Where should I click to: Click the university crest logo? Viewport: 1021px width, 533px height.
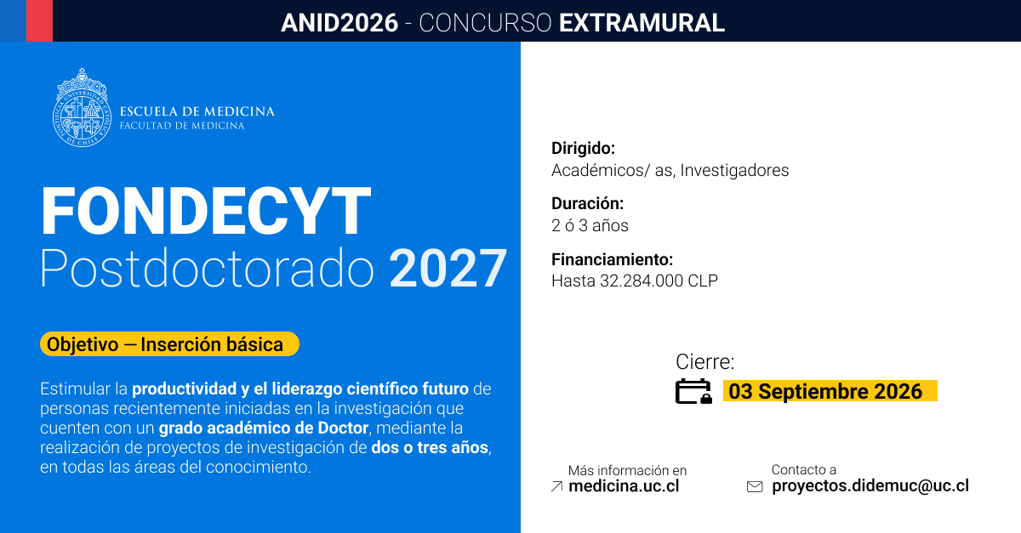click(x=82, y=108)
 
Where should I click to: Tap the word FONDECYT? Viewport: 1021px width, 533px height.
click(x=206, y=211)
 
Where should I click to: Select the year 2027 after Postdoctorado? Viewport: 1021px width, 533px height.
click(x=448, y=269)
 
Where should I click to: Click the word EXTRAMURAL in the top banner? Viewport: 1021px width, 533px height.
click(x=642, y=23)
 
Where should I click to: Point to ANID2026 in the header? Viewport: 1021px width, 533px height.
click(x=339, y=23)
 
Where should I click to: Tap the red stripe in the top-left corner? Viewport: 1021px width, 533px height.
click(x=40, y=20)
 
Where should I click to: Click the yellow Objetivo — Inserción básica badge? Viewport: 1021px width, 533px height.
click(x=169, y=344)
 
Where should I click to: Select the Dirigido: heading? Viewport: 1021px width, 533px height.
click(x=584, y=148)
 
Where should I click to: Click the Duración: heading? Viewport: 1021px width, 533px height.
click(x=588, y=203)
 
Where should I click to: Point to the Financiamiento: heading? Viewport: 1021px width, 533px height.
click(x=612, y=259)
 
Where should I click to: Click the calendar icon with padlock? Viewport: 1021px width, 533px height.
click(x=693, y=391)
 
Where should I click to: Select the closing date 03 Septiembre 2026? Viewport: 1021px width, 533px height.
click(x=825, y=391)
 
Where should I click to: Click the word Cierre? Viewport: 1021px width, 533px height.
click(x=705, y=362)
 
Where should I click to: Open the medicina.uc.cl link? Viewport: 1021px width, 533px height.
click(x=624, y=486)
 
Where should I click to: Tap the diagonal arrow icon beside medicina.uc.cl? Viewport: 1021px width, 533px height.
click(x=556, y=486)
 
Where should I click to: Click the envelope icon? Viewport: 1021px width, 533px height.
click(x=755, y=486)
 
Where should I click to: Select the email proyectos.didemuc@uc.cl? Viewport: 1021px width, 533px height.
click(x=870, y=485)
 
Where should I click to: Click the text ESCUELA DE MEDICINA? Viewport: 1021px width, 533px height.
click(x=197, y=111)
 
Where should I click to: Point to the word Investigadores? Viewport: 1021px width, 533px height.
click(x=734, y=170)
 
